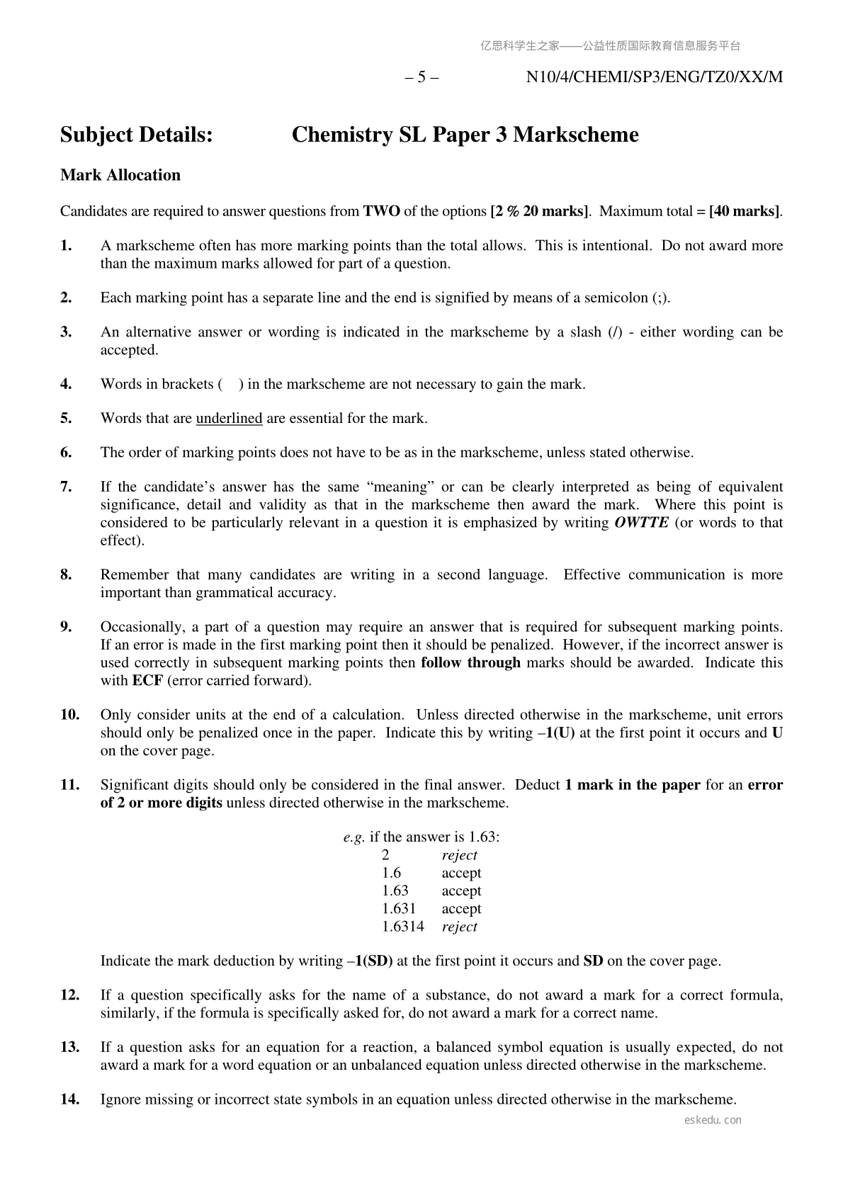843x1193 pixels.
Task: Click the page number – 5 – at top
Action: [x=421, y=77]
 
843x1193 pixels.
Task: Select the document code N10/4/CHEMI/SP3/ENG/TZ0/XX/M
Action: [x=655, y=77]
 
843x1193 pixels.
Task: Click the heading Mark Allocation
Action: [x=120, y=175]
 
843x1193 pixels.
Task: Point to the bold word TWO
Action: [x=381, y=211]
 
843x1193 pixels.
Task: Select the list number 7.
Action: [x=66, y=487]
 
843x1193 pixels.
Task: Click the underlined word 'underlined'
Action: [x=229, y=418]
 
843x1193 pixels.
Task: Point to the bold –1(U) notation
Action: [x=555, y=733]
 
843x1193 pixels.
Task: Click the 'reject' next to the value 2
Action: [x=460, y=855]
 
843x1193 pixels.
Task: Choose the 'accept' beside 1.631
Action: [x=461, y=909]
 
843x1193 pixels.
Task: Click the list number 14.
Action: [x=69, y=1099]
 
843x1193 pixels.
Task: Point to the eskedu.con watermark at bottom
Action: [x=713, y=1120]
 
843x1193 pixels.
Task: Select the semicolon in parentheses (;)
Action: [x=659, y=298]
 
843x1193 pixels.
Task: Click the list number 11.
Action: [x=69, y=785]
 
